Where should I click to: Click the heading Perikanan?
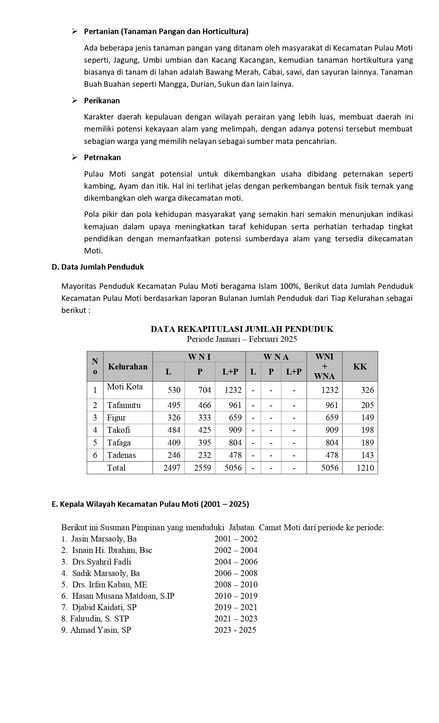click(x=102, y=101)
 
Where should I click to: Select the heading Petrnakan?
click(x=102, y=158)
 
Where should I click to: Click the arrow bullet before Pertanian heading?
click(x=74, y=32)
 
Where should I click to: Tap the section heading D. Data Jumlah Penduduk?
click(x=98, y=267)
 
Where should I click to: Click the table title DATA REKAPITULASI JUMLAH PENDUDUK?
click(x=242, y=329)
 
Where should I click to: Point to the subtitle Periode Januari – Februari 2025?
click(x=242, y=339)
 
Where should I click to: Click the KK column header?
click(x=360, y=366)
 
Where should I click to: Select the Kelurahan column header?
click(x=128, y=366)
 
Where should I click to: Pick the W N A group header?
click(x=276, y=357)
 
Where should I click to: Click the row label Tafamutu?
click(x=124, y=405)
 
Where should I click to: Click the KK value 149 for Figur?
click(x=367, y=418)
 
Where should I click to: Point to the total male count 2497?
click(x=172, y=468)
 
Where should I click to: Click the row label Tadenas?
click(x=122, y=455)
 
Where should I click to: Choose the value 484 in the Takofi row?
click(x=174, y=430)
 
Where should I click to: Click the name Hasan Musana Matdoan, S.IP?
click(x=123, y=596)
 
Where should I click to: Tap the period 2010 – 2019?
click(x=236, y=596)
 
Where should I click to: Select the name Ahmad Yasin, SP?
click(x=101, y=630)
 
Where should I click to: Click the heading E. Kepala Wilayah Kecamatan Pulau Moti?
click(x=150, y=504)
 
